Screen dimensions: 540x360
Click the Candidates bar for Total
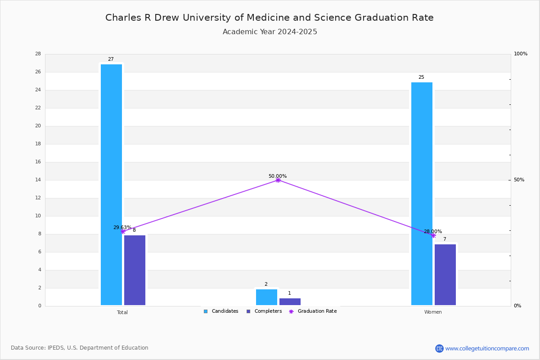point(111,184)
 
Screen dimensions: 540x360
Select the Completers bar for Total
point(135,270)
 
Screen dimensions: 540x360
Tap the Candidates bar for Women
point(422,193)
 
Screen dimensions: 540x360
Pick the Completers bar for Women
point(445,274)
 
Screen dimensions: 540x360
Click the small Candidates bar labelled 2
point(266,297)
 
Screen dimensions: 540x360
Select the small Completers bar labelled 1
point(290,301)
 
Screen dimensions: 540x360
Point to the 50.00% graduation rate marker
point(278,180)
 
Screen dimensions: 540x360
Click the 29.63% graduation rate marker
point(123,231)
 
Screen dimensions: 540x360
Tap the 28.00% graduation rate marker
point(433,236)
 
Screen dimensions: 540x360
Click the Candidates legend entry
point(221,311)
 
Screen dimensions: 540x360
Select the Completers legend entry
point(264,311)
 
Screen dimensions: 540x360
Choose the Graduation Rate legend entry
point(313,311)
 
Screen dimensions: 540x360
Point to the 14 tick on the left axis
point(38,180)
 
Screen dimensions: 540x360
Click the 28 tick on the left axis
point(38,54)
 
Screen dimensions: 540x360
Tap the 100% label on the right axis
point(521,54)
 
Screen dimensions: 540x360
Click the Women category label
point(433,312)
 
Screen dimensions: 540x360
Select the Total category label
point(122,312)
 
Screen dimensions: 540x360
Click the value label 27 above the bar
point(111,59)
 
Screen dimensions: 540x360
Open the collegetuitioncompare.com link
point(482,348)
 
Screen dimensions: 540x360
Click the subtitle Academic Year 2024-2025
point(270,32)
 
